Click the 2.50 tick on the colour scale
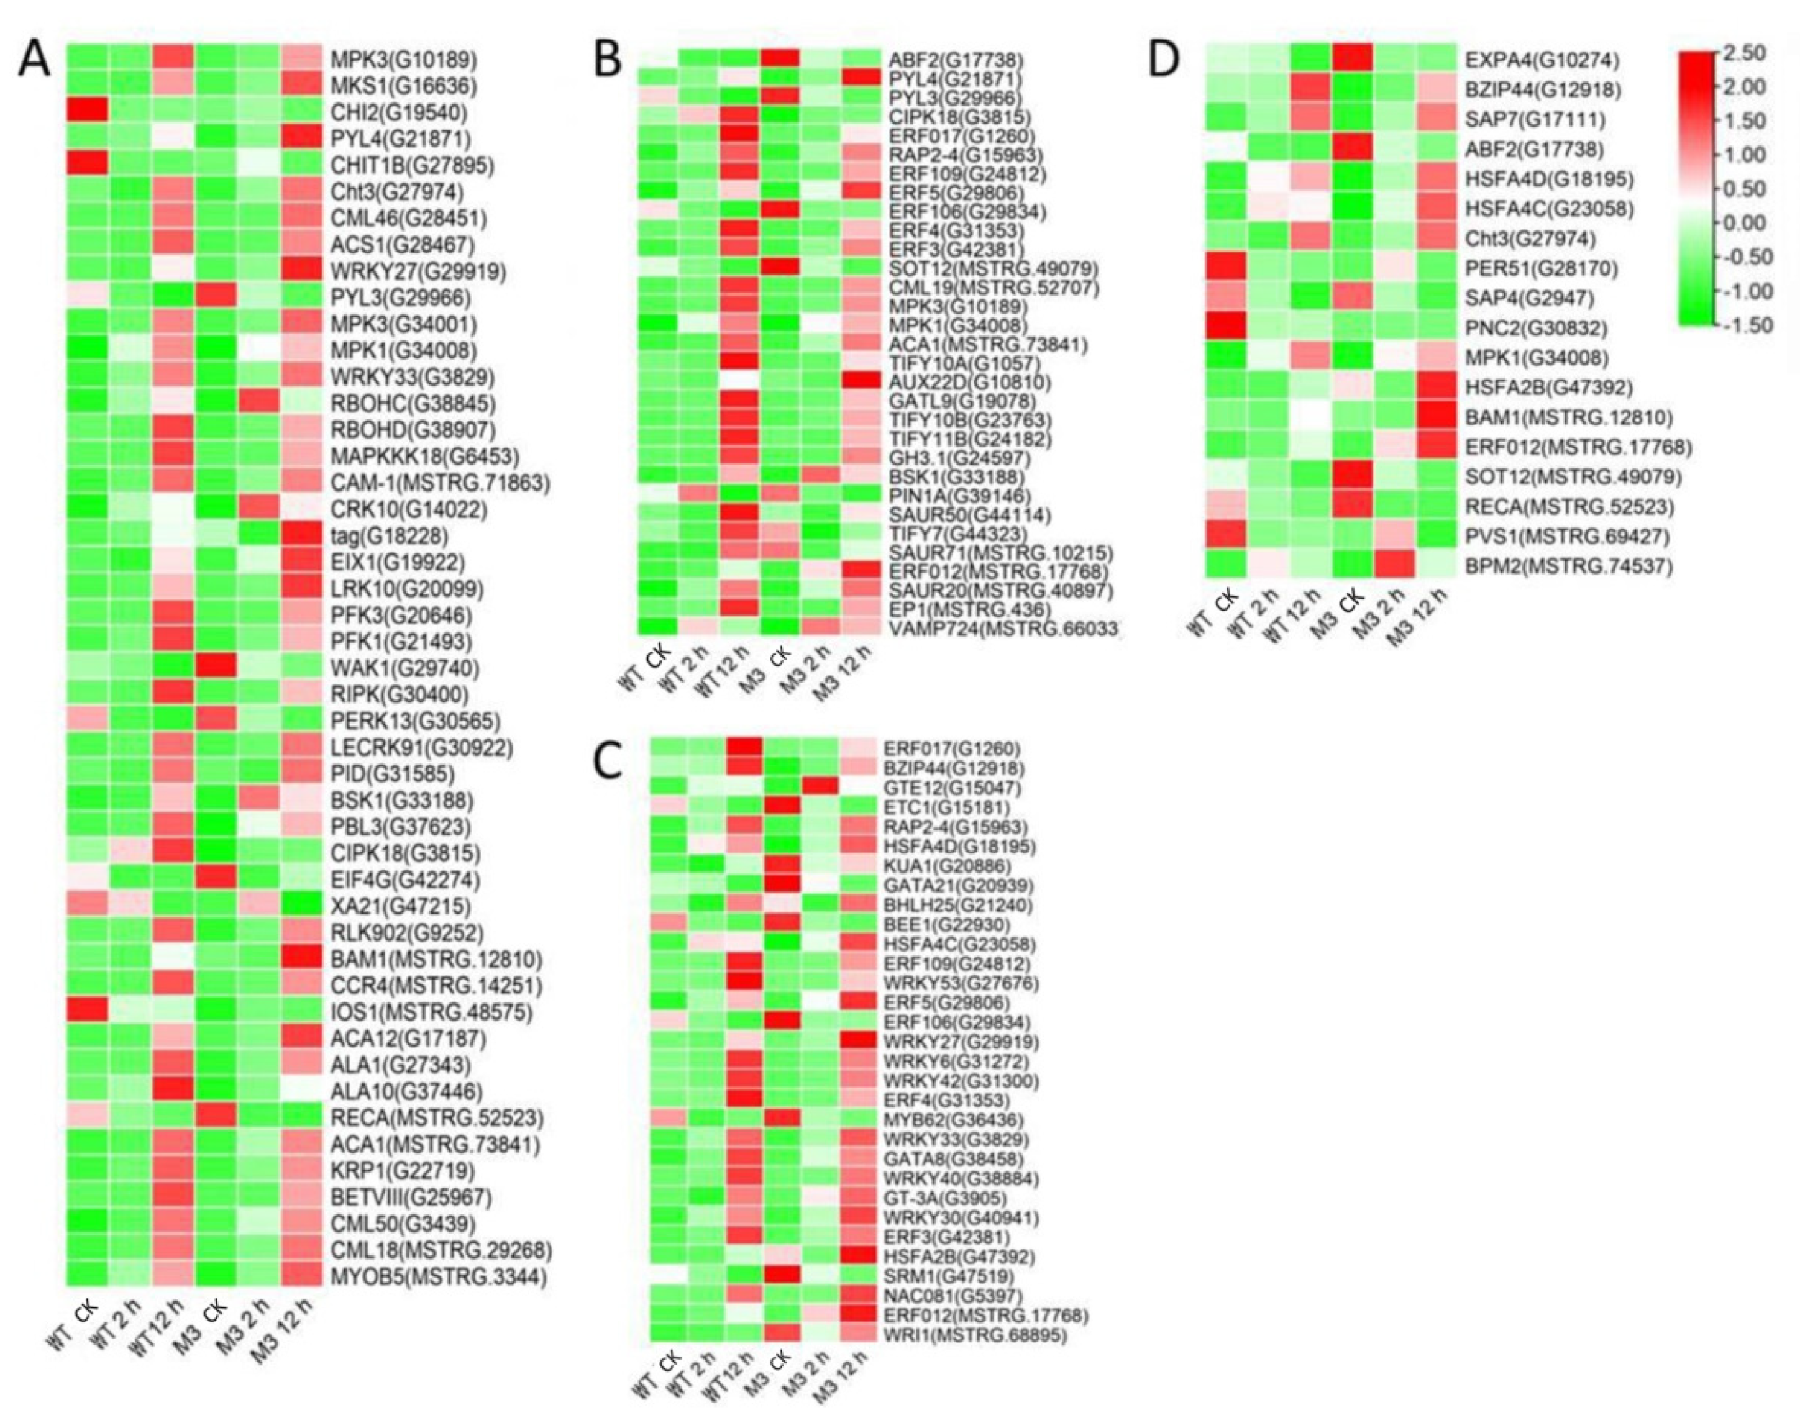pos(1747,53)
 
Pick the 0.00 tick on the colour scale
pos(1747,223)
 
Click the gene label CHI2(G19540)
pos(398,112)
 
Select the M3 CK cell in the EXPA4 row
pos(1351,60)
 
